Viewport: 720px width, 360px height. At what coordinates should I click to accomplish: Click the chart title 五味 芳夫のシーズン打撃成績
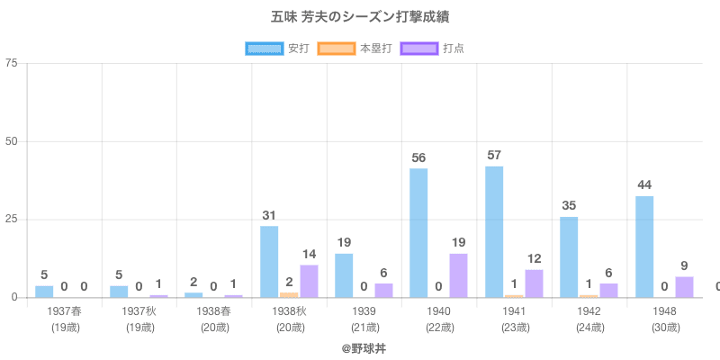pos(359,17)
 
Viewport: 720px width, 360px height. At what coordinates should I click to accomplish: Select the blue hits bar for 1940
pos(418,232)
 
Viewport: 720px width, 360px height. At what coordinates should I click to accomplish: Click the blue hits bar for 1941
pos(494,231)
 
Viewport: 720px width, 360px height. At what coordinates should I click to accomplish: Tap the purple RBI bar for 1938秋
pos(309,281)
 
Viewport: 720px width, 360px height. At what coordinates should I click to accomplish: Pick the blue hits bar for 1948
pos(644,247)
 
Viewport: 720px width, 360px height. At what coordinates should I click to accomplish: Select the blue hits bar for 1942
pos(569,256)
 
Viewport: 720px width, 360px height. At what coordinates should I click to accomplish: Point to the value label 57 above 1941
pos(494,155)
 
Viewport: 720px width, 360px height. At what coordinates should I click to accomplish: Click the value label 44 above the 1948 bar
pos(644,185)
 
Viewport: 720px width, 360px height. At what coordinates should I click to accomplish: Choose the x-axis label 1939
pos(364,310)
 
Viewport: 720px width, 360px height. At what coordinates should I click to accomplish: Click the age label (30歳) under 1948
pos(665,327)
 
